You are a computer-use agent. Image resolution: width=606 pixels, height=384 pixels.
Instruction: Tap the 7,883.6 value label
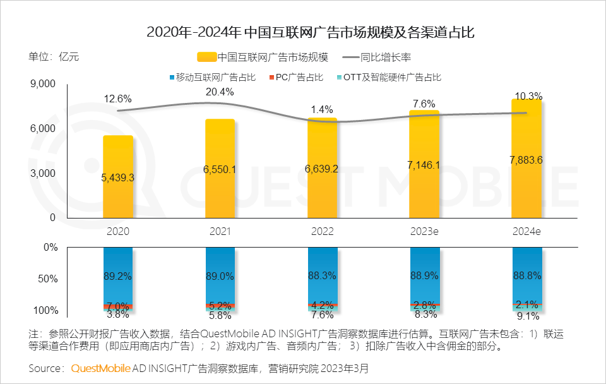pyautogui.click(x=526, y=160)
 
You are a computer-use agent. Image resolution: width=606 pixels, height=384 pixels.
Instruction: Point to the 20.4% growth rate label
pyautogui.click(x=220, y=92)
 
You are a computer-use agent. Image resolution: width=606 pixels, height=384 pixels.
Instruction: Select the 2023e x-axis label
pyautogui.click(x=424, y=232)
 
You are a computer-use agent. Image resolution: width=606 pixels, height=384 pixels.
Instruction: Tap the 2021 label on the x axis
pyautogui.click(x=220, y=232)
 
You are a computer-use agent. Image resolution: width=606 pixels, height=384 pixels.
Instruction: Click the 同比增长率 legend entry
pyautogui.click(x=379, y=57)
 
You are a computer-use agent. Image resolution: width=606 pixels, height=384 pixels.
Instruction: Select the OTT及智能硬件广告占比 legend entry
pyautogui.click(x=391, y=78)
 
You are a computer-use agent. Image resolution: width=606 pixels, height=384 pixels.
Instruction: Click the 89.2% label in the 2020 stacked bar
pyautogui.click(x=118, y=275)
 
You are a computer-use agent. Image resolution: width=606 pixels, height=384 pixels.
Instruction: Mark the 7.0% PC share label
pyautogui.click(x=118, y=306)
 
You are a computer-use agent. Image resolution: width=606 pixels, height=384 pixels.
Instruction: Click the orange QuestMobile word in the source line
pyautogui.click(x=101, y=368)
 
